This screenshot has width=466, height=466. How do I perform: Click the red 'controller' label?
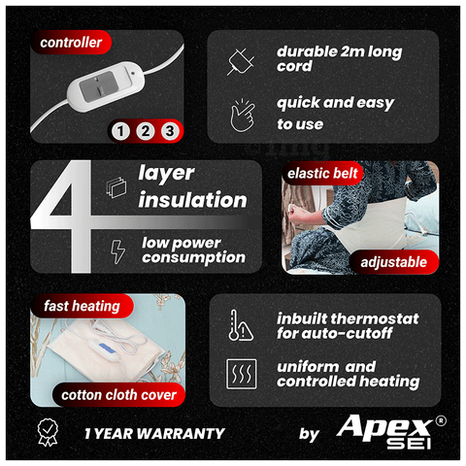pos(71,43)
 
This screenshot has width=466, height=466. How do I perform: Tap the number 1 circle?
pos(120,131)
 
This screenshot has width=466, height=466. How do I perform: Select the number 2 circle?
pos(146,131)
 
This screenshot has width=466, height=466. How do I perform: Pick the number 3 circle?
pos(170,131)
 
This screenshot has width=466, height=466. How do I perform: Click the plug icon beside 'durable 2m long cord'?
pos(241,62)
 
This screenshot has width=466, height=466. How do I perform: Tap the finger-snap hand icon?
pos(243,116)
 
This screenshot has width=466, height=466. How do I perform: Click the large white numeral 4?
pos(61,216)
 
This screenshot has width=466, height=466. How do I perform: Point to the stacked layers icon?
pos(116,187)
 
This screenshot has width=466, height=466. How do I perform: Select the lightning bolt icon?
pos(117,251)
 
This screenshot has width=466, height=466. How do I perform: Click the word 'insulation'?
pos(192,200)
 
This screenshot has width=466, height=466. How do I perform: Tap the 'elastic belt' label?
pos(322,173)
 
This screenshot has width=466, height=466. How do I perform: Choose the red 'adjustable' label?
pos(394,262)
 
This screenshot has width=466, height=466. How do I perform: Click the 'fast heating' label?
pos(82,306)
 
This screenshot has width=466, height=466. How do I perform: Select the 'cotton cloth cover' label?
pos(118,395)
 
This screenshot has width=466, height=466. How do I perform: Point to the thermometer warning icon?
pos(241,325)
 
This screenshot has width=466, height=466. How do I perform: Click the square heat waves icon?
pos(242,374)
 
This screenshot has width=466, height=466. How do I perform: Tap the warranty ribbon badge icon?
pos(48,433)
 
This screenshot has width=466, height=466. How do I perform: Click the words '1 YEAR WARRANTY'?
pos(154,434)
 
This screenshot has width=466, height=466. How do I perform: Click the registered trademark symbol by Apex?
pos(441,420)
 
